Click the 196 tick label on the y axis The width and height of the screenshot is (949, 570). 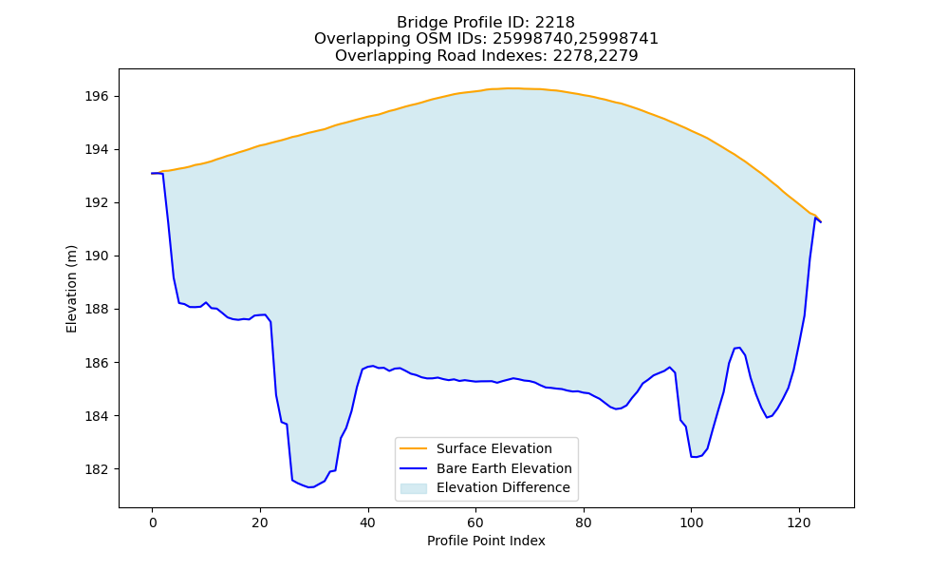pyautogui.click(x=97, y=96)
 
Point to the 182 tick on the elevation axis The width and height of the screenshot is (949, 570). pyautogui.click(x=97, y=469)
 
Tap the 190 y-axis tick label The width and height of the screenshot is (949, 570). pyautogui.click(x=97, y=256)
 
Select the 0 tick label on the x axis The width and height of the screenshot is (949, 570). pyautogui.click(x=152, y=522)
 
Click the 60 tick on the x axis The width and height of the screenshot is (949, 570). pyautogui.click(x=475, y=522)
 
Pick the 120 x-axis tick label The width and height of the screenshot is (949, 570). pyautogui.click(x=799, y=522)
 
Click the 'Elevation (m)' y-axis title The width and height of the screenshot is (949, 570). pyautogui.click(x=71, y=289)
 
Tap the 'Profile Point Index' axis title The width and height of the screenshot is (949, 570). pyautogui.click(x=486, y=541)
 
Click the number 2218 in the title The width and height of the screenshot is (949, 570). pyautogui.click(x=554, y=23)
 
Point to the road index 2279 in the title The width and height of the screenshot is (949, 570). pyautogui.click(x=618, y=56)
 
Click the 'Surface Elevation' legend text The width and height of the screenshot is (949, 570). pyautogui.click(x=493, y=448)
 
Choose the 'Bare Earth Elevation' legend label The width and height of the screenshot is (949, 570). pyautogui.click(x=504, y=468)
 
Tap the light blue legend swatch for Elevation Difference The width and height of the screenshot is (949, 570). pyautogui.click(x=413, y=488)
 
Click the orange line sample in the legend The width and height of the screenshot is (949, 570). pyautogui.click(x=413, y=448)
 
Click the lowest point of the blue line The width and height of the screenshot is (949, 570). pyautogui.click(x=310, y=487)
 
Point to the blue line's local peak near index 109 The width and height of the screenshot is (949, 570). pyautogui.click(x=739, y=348)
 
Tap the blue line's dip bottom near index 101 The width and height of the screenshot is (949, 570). pyautogui.click(x=694, y=457)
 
